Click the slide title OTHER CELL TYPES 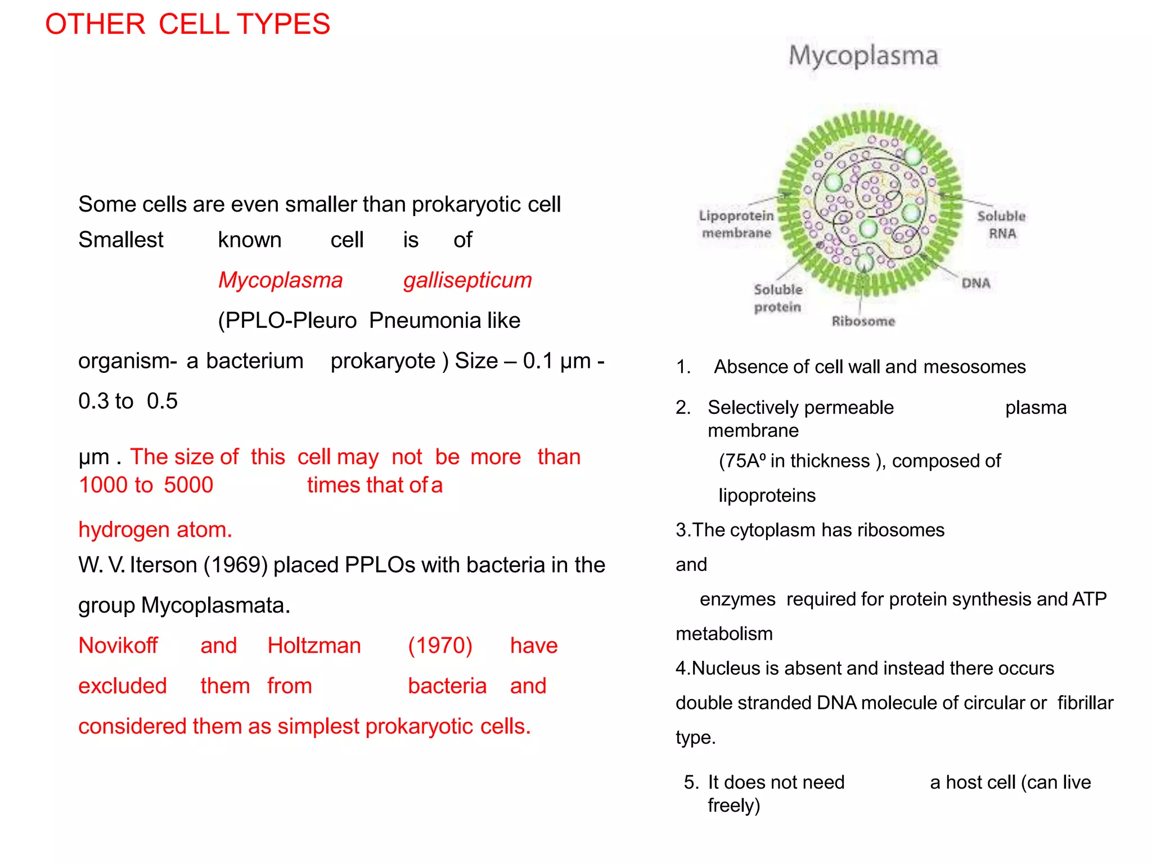tap(187, 24)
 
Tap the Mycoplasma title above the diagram tap(863, 56)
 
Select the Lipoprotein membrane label tap(736, 224)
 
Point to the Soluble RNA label tap(1002, 224)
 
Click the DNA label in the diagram tap(976, 283)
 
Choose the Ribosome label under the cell tap(863, 321)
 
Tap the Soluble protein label tap(778, 298)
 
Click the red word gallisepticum tap(467, 280)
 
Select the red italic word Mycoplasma tap(280, 280)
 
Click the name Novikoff tap(118, 646)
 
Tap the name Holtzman tap(314, 646)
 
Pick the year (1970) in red tap(440, 646)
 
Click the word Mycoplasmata tap(215, 605)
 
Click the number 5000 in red tap(188, 485)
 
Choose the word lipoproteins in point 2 tap(767, 496)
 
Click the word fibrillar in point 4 tap(1085, 703)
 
